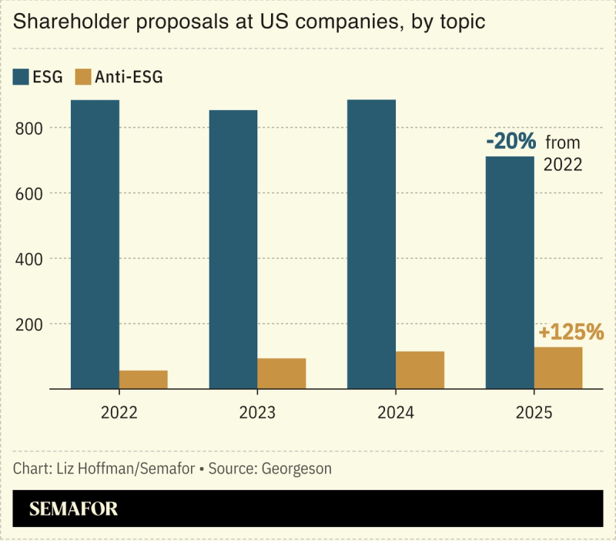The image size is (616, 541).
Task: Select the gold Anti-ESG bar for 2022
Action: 143,379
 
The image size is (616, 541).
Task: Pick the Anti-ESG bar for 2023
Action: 281,373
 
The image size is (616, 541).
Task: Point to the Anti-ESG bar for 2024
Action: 420,370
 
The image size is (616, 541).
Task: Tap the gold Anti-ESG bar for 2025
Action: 558,368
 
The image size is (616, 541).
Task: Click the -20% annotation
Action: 511,142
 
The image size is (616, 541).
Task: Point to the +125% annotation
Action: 571,332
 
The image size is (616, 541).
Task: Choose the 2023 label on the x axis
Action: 257,412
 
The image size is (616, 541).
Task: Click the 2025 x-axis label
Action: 534,412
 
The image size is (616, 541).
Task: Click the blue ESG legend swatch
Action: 21,76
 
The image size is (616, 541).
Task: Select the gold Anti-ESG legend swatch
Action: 83,76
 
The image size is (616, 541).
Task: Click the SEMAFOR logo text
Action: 73,509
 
